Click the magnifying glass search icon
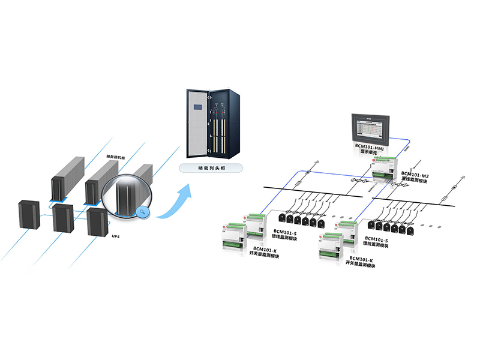(142, 211)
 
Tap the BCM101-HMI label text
(371, 146)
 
